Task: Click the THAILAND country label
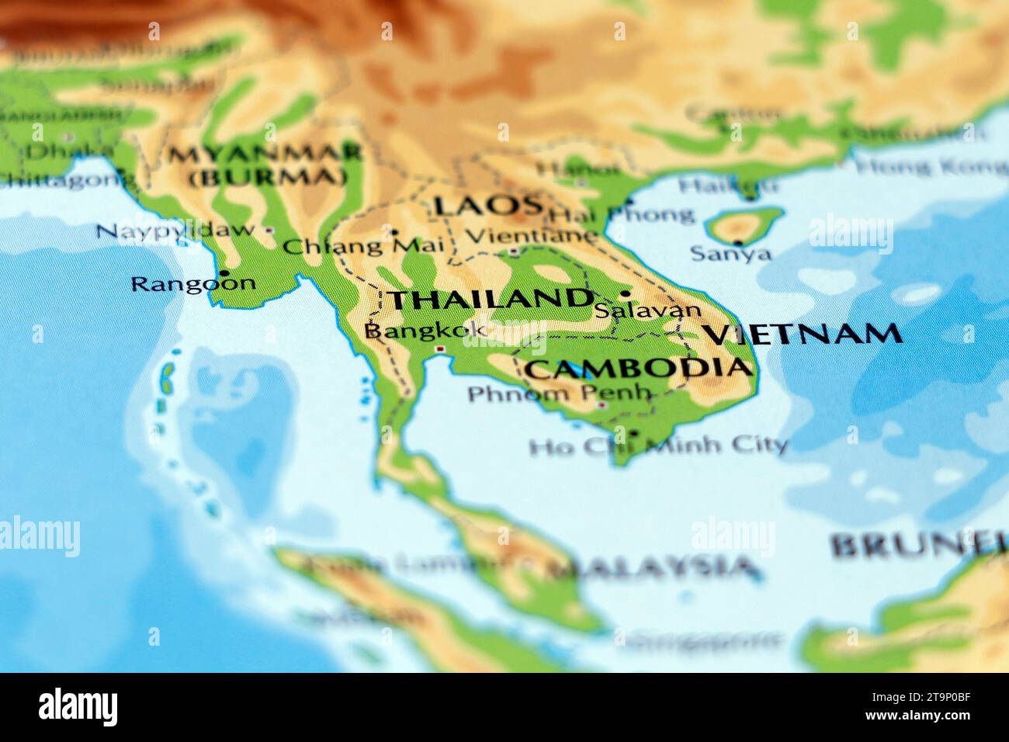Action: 489,300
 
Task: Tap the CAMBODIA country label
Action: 639,368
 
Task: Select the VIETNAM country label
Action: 803,334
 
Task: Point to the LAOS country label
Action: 487,206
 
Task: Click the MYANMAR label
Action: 266,154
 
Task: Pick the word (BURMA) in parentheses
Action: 268,177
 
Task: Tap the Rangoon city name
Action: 192,283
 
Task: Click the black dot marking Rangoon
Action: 224,273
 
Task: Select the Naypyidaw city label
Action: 176,230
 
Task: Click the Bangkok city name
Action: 425,331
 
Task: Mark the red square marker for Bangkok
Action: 441,350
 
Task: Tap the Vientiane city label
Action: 533,234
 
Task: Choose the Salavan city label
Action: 647,310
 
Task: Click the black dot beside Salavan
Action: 625,294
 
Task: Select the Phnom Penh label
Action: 558,394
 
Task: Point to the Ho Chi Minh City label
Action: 658,446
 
